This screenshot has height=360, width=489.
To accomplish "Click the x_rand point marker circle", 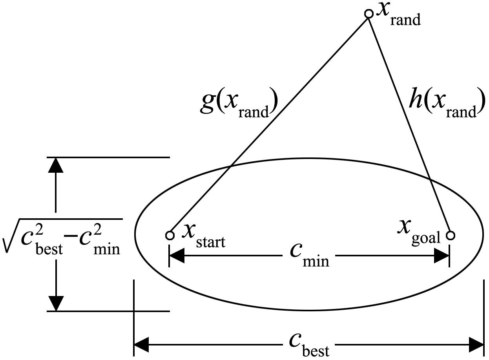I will click(x=369, y=14).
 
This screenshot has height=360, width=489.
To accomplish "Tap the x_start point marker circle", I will click(x=170, y=236).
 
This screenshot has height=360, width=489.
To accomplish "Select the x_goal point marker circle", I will click(x=451, y=236).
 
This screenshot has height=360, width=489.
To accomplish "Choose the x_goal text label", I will click(x=418, y=232).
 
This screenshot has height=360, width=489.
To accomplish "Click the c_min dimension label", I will click(x=310, y=255).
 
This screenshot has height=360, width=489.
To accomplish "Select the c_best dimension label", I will click(x=309, y=345).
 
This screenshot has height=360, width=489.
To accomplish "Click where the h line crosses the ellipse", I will click(x=430, y=180).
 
